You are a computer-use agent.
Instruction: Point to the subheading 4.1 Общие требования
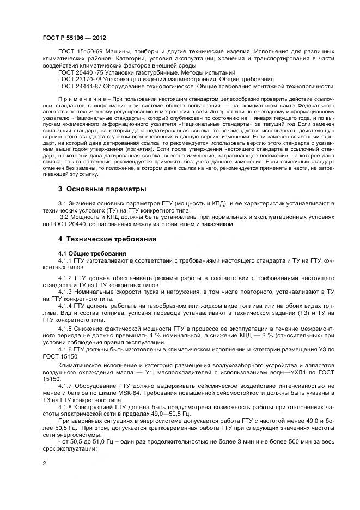click(92, 253)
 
